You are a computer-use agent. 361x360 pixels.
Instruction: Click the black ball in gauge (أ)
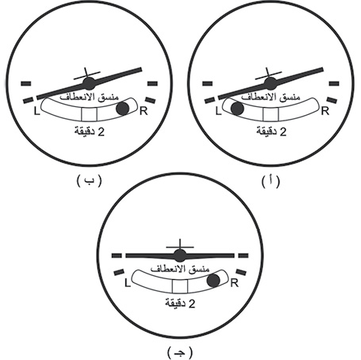pos(237,109)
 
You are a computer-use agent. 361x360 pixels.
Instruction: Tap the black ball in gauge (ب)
pos(123,109)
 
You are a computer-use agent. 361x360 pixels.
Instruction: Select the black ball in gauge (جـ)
pos(213,281)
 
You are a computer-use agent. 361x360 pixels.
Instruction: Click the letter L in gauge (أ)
pos(218,111)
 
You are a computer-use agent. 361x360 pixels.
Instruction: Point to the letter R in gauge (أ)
pos(325,111)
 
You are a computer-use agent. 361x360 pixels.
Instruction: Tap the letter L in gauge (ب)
pos(36,111)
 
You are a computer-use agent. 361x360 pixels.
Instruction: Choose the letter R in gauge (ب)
pos(144,111)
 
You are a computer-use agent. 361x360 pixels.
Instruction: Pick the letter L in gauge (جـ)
pos(128,283)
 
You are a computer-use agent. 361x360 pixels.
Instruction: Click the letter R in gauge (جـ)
pos(234,283)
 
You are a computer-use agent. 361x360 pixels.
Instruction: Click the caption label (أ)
pos(271,182)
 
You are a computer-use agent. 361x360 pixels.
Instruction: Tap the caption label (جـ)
pos(180,353)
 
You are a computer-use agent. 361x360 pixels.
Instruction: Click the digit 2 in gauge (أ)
pos(283,132)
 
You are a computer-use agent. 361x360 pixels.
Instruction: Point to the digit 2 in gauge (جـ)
pos(192,304)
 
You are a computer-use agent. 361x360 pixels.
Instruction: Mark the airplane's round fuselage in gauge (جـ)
pos(180,255)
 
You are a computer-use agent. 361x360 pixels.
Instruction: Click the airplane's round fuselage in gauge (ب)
pos(89,83)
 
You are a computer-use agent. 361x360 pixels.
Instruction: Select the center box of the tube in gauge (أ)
pos(271,114)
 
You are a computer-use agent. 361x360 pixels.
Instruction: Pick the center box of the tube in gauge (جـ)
pos(180,286)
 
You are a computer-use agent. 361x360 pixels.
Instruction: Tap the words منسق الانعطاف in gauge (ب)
pos(89,97)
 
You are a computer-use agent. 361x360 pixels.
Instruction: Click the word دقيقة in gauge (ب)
pos(85,132)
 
